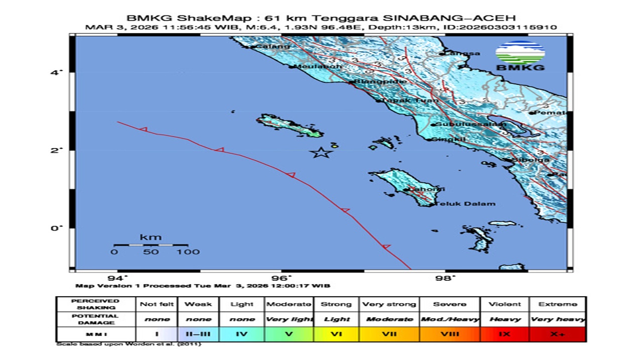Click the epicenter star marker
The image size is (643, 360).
click(321, 152)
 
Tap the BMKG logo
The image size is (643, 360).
click(520, 56)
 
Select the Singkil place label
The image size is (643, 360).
click(449, 139)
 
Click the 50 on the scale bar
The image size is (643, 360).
click(151, 252)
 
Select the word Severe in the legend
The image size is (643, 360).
click(450, 304)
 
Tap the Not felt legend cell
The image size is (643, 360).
click(157, 304)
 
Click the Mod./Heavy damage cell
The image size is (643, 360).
click(450, 319)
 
